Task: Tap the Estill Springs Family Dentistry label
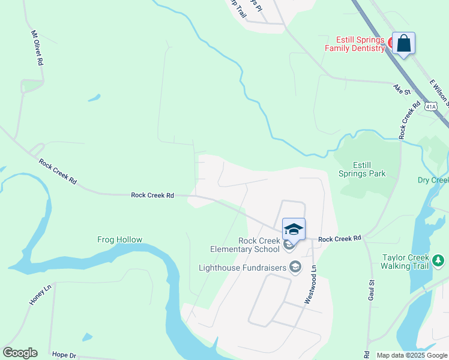pos(354,44)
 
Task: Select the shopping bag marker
pos(403,43)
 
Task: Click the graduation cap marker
pos(294,230)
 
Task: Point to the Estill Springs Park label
pos(369,169)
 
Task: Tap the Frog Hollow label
pos(120,240)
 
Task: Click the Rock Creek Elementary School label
pos(244,245)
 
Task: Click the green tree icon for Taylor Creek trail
pos(439,260)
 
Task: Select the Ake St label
pos(401,90)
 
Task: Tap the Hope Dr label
pos(64,355)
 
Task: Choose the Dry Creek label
pos(433,181)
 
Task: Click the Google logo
pos(20,353)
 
